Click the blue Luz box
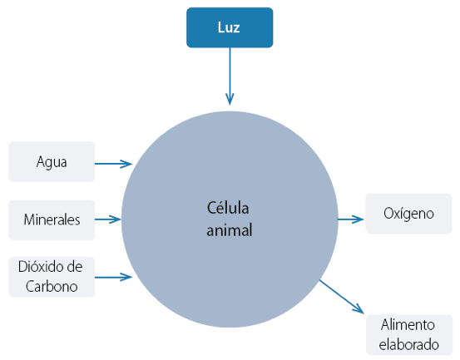230,27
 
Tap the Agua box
52,162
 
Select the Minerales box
52,219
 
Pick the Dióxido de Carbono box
52,277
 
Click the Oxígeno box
408,214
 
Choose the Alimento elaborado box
409,335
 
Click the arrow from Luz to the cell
230,76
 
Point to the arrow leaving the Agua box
113,164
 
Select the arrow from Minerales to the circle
107,219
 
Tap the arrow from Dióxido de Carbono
113,277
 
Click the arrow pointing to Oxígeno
351,219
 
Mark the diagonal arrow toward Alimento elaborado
342,297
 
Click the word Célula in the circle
228,208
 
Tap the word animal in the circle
230,230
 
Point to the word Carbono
52,286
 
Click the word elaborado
409,344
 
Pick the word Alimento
408,325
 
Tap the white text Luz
229,27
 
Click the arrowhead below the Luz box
230,99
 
